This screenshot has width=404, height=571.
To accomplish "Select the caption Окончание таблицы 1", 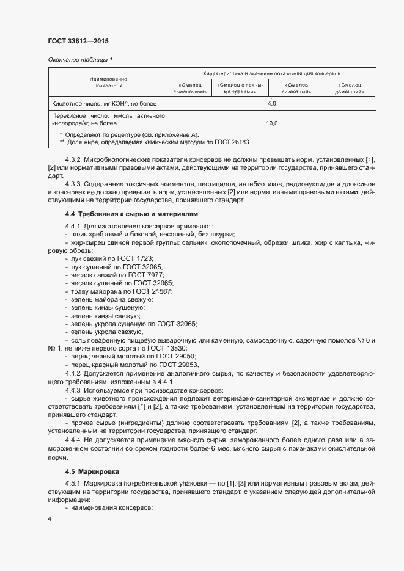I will click(x=79, y=59).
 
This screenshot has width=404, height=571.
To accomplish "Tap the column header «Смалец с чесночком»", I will click(x=190, y=88).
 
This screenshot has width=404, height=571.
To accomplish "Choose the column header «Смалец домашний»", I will click(x=351, y=88).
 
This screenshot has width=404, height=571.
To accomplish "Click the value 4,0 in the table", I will click(x=272, y=104).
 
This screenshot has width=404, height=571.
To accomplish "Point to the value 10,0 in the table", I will click(x=272, y=123).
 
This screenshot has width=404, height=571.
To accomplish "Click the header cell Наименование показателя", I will click(x=108, y=83).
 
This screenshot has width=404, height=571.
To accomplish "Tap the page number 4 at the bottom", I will click(x=49, y=518).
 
